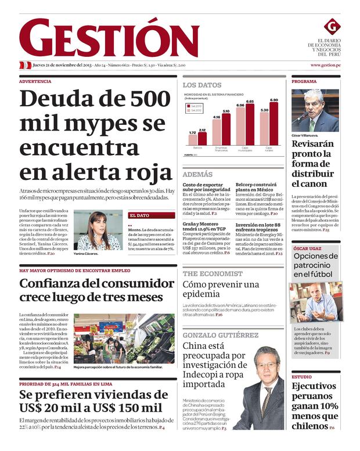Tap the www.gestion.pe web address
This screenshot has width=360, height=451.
point(325,66)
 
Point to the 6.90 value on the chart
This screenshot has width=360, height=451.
point(273,100)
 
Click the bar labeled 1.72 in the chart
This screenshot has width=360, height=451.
point(193,140)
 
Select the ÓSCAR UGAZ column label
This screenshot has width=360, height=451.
point(307,248)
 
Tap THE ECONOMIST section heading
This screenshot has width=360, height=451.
point(213,273)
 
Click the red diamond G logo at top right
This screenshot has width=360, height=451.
point(332,26)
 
